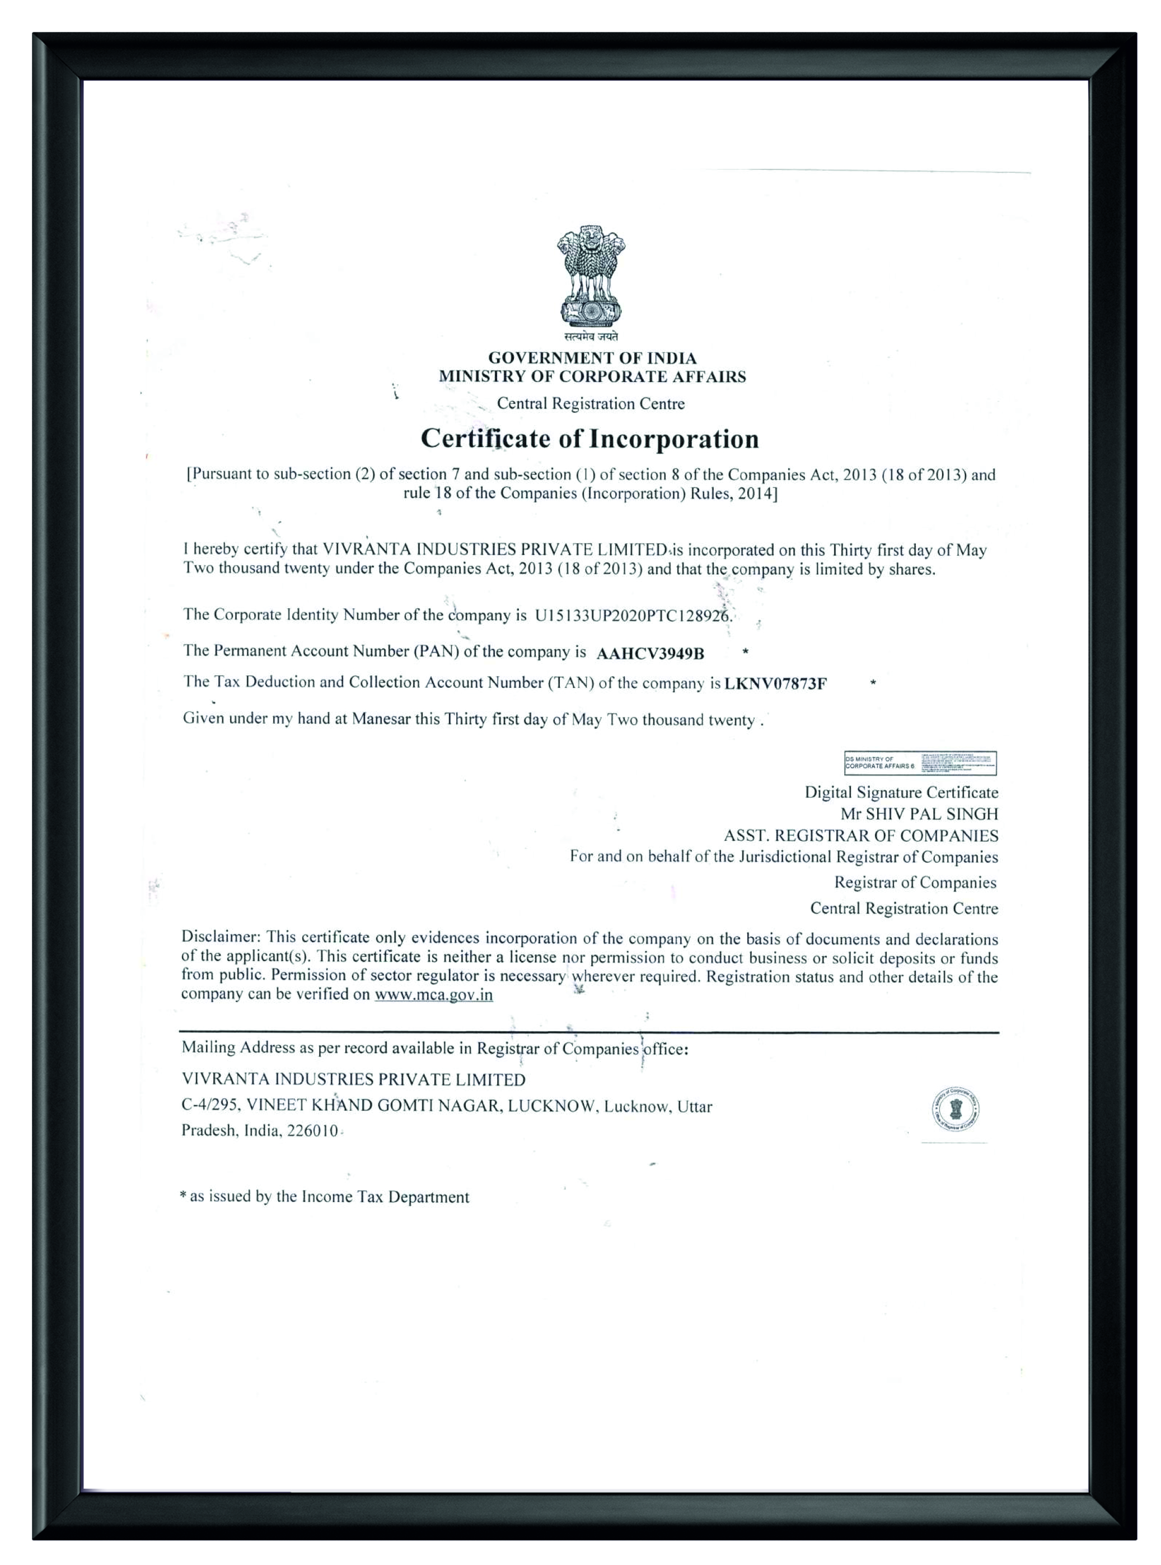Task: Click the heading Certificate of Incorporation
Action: pyautogui.click(x=589, y=439)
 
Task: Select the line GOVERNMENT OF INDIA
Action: pyautogui.click(x=592, y=358)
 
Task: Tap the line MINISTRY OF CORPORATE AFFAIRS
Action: pyautogui.click(x=592, y=376)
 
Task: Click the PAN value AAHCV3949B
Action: pyautogui.click(x=649, y=654)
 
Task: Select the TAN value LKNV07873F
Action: pyautogui.click(x=775, y=683)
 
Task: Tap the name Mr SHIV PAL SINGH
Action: pyautogui.click(x=919, y=814)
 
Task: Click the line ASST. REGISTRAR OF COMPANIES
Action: pyautogui.click(x=860, y=836)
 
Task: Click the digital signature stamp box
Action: pyautogui.click(x=919, y=763)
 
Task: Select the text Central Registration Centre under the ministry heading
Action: pyautogui.click(x=591, y=403)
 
